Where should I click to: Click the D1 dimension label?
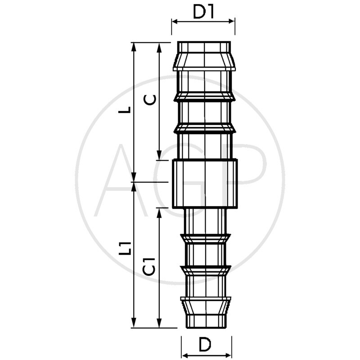[x=203, y=12]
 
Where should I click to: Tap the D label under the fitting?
[x=205, y=344]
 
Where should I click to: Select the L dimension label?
[x=125, y=110]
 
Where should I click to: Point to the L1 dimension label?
[x=125, y=248]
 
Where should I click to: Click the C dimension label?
[x=150, y=99]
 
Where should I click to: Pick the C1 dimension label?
[x=149, y=266]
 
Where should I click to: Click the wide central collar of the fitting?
[x=205, y=184]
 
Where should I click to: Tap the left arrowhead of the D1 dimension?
[x=175, y=22]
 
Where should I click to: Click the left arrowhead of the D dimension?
[x=185, y=355]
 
